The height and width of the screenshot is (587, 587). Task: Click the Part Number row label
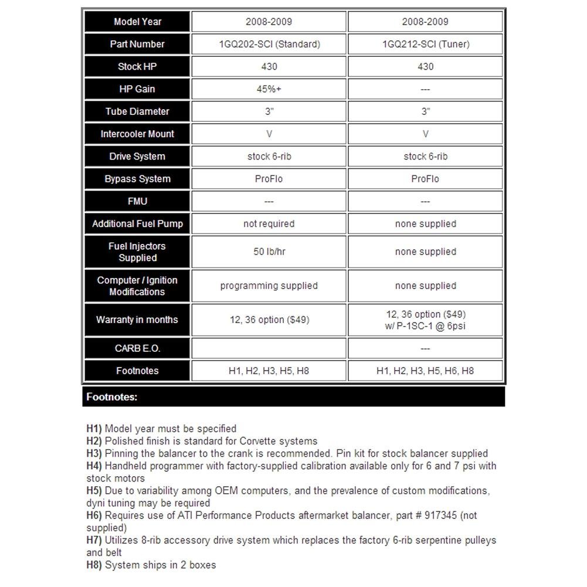(x=137, y=44)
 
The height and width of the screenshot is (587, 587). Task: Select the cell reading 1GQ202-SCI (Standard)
(x=269, y=44)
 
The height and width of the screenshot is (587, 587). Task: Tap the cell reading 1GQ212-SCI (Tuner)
(x=425, y=44)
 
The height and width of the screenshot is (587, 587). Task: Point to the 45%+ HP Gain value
(x=269, y=89)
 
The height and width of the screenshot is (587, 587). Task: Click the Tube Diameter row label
(x=137, y=111)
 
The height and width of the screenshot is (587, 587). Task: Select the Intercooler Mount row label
(x=137, y=134)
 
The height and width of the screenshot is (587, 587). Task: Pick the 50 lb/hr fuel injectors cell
(x=269, y=252)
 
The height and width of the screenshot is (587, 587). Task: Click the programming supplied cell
(x=269, y=286)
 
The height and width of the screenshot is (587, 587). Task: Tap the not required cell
(x=269, y=223)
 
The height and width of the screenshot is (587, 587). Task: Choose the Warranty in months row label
(x=137, y=320)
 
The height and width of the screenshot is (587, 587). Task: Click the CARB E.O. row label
(x=137, y=348)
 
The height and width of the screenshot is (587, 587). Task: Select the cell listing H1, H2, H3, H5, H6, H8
(x=425, y=371)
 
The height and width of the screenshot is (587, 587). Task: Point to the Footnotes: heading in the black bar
(x=112, y=397)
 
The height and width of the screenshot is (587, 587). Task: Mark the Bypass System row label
(x=137, y=179)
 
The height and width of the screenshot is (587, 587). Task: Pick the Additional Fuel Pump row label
(x=137, y=223)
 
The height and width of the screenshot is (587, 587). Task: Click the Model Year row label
(x=137, y=22)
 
